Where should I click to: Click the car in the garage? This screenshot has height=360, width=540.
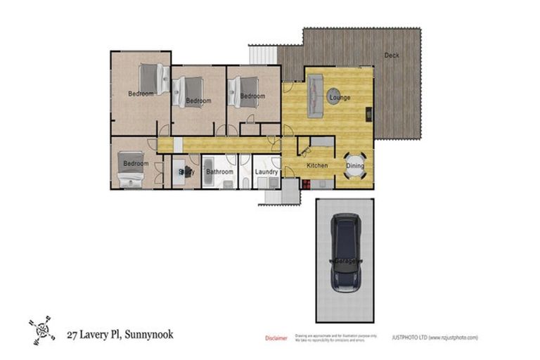pyautogui.click(x=345, y=252)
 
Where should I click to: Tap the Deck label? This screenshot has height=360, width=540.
pyautogui.click(x=392, y=56)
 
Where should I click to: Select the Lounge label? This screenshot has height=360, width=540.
pyautogui.click(x=340, y=97)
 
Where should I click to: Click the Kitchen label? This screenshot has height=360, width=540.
pyautogui.click(x=317, y=165)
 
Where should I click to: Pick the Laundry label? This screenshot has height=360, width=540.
pyautogui.click(x=266, y=171)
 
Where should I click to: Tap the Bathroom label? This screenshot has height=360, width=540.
pyautogui.click(x=219, y=171)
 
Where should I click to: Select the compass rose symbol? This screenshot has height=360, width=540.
pyautogui.click(x=41, y=329)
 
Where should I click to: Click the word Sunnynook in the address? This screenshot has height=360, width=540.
pyautogui.click(x=148, y=334)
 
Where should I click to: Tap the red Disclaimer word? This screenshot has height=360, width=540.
pyautogui.click(x=276, y=338)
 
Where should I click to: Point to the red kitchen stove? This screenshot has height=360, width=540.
pyautogui.click(x=307, y=184)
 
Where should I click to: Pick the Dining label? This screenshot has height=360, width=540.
pyautogui.click(x=356, y=166)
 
